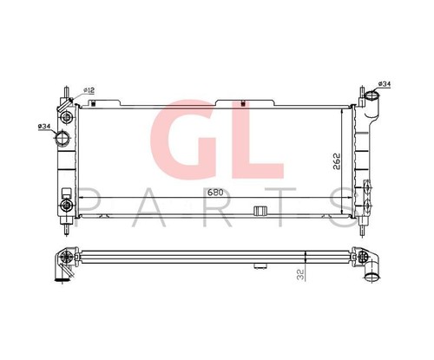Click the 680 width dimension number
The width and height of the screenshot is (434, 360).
coord(215,193)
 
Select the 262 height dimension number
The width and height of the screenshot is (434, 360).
coord(336,160)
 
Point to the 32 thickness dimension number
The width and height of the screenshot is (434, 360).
coord(301,274)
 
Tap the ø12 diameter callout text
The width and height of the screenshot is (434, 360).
coord(89,90)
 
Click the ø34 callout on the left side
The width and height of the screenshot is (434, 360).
coord(44,127)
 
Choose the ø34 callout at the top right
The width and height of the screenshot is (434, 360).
coord(385,84)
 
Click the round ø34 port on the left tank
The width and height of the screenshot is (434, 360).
coord(62,138)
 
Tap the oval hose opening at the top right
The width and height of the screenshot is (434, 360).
coord(372,95)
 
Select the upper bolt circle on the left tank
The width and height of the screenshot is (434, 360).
coord(67,117)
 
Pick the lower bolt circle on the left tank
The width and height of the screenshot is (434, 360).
coord(66,206)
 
